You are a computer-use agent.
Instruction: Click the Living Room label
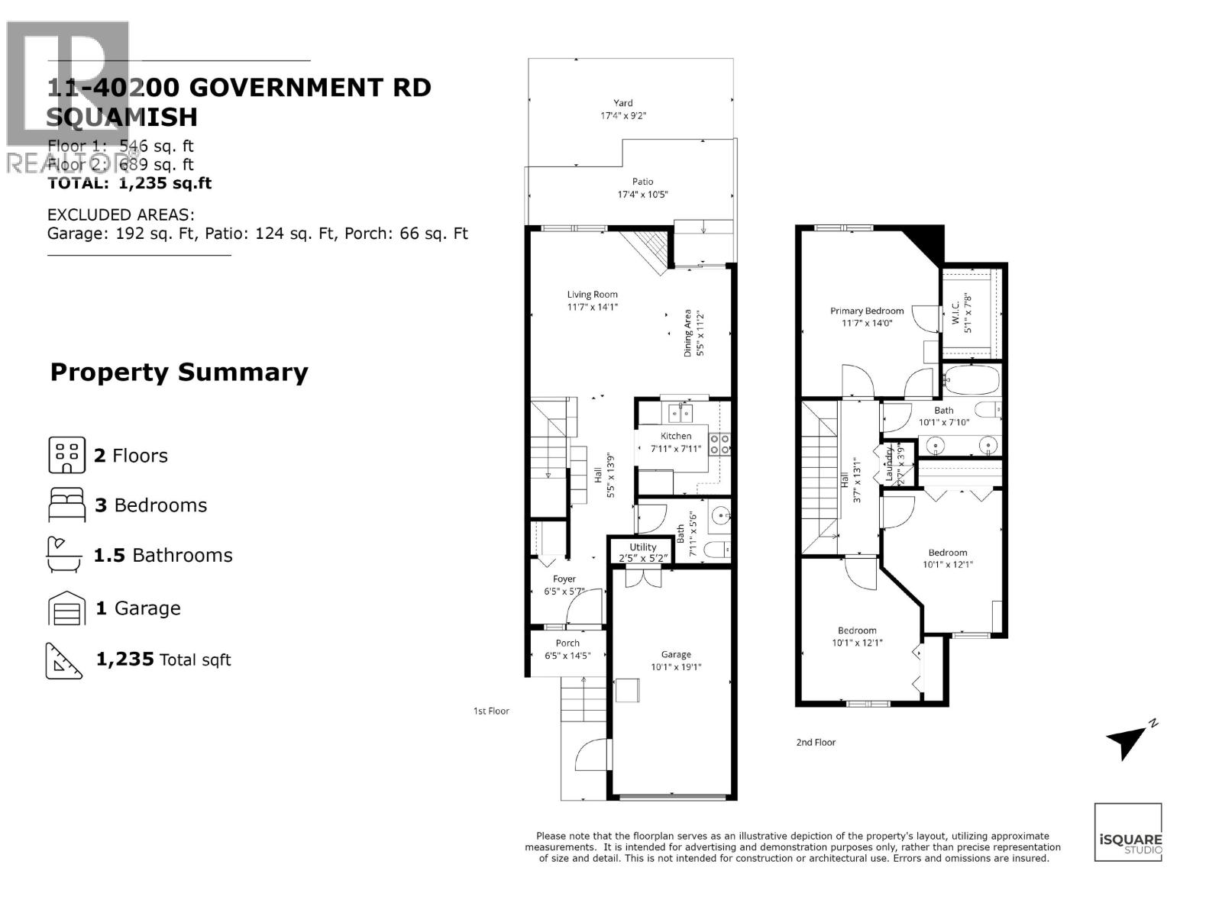click(592, 295)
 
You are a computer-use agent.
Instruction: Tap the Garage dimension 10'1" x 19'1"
click(676, 666)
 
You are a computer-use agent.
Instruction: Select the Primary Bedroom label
click(867, 311)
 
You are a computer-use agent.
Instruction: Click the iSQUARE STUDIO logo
click(1128, 833)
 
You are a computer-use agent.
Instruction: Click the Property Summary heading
click(179, 373)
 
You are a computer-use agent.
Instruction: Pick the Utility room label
click(642, 547)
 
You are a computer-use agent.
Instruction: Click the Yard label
click(623, 103)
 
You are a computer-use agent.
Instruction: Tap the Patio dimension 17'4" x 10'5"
click(642, 195)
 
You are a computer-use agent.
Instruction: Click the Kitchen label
click(676, 436)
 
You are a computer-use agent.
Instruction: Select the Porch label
click(567, 643)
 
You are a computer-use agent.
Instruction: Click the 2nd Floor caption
click(816, 742)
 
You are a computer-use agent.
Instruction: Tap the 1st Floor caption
click(490, 711)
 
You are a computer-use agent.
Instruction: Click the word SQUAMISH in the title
click(122, 118)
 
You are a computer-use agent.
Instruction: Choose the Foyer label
click(564, 579)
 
